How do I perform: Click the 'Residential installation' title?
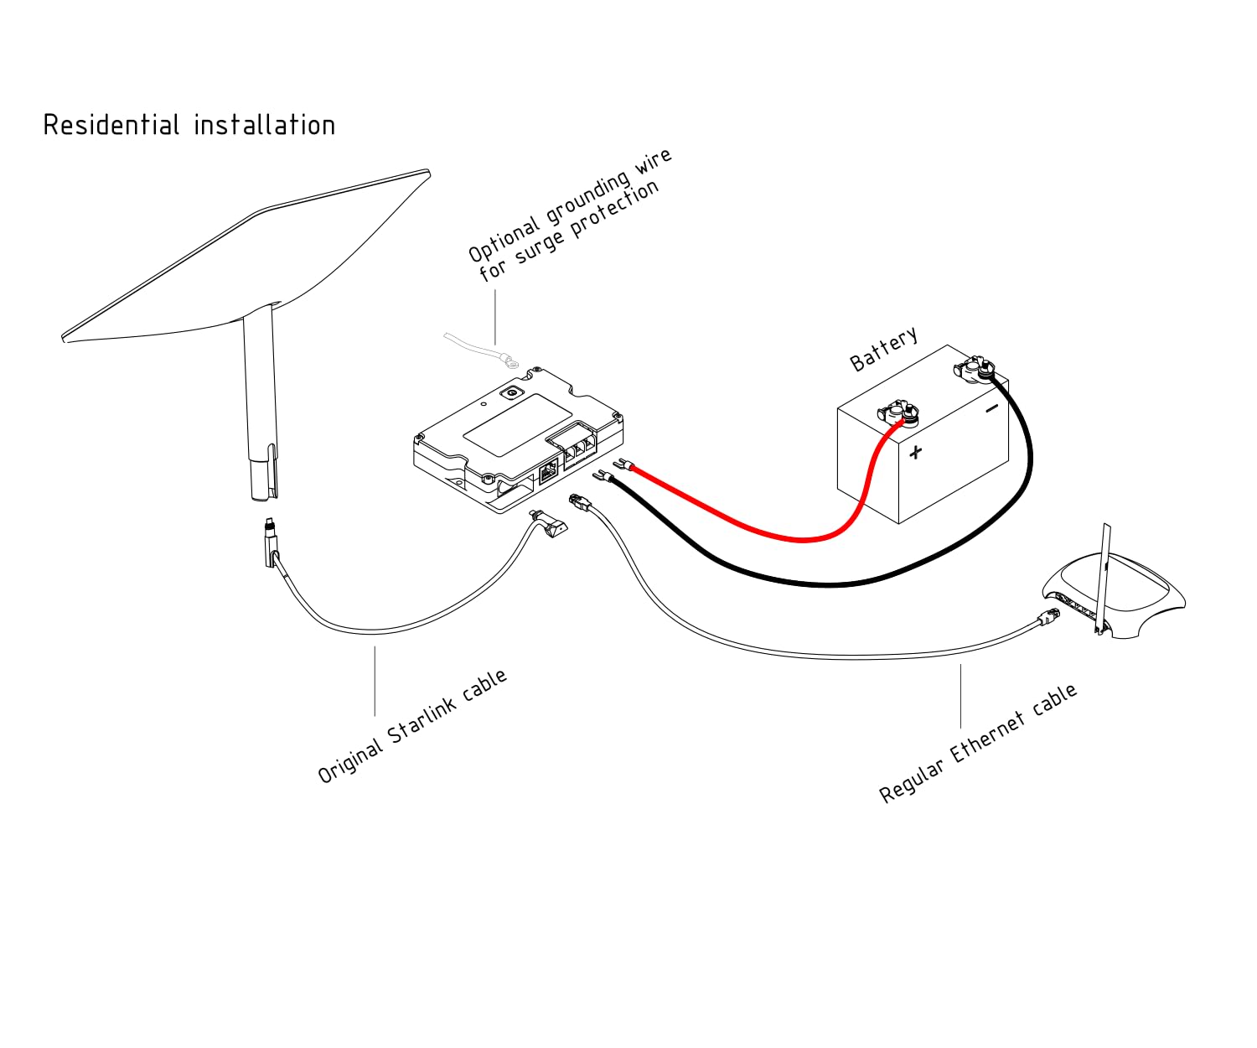point(189,126)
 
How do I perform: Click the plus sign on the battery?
point(915,453)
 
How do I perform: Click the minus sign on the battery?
point(991,409)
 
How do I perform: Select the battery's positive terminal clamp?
point(898,412)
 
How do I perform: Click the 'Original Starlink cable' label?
point(412,726)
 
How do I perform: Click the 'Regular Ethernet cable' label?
point(978,744)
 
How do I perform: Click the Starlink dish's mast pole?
point(258,402)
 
